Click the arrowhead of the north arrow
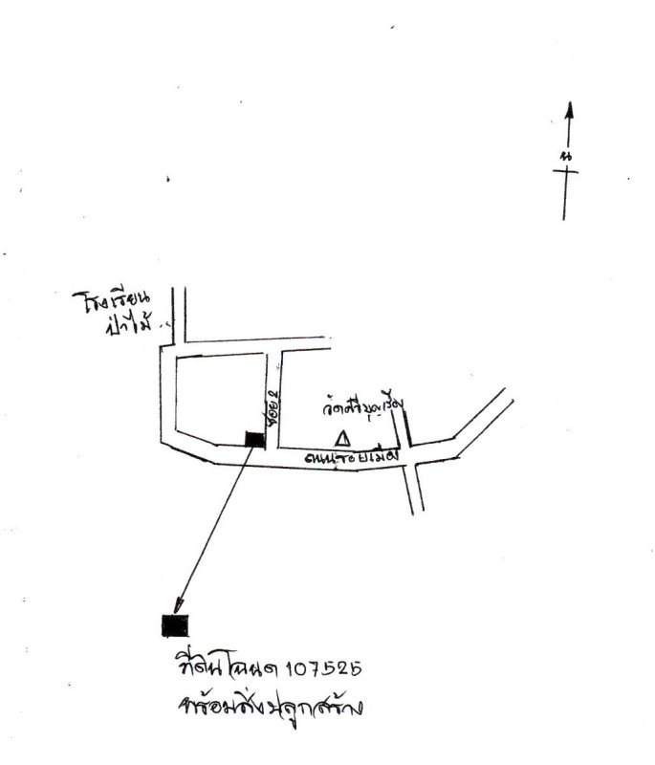coord(569,111)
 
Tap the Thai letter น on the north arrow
coord(567,155)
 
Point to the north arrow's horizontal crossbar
coord(565,171)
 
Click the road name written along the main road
coord(350,458)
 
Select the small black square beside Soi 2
coord(254,439)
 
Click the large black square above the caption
coord(175,625)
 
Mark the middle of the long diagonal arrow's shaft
coord(214,525)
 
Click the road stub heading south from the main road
coord(413,490)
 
